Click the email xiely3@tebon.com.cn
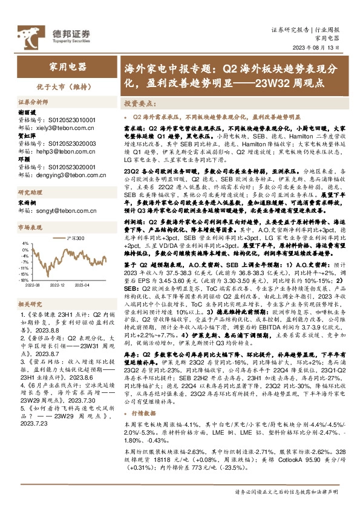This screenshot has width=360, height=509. (60, 129)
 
